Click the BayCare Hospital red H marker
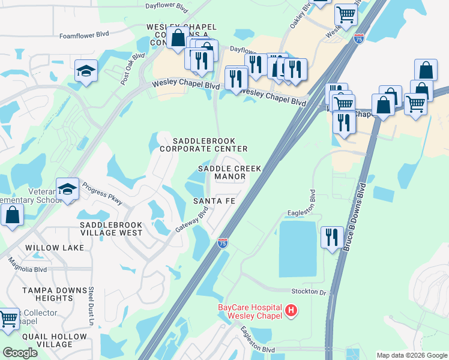tap(291, 310)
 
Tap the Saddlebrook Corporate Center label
tap(203, 144)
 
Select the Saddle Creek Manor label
tap(230, 173)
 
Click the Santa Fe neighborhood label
tap(214, 201)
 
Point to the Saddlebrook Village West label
tap(111, 228)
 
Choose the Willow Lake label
tap(50, 247)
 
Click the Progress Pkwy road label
tap(103, 193)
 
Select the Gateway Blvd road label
tap(191, 221)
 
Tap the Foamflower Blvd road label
tap(83, 35)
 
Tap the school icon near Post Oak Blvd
tap(86, 71)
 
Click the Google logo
tap(20, 353)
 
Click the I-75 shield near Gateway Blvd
tap(222, 242)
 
